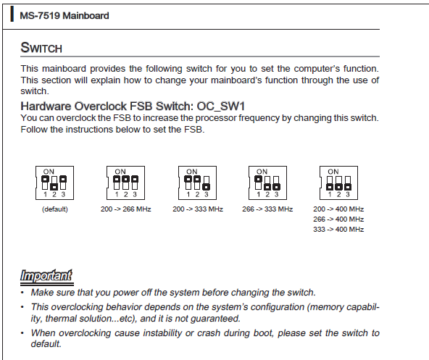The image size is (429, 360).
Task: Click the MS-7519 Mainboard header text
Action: [64, 16]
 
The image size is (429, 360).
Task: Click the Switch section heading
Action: [41, 48]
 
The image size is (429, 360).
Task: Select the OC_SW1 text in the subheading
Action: [221, 106]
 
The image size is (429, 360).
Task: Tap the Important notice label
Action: [46, 275]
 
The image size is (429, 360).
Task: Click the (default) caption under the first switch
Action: [55, 209]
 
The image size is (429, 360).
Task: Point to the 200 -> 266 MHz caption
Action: [126, 209]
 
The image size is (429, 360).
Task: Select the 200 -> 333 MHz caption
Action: [198, 209]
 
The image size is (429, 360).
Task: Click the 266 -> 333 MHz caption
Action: [267, 209]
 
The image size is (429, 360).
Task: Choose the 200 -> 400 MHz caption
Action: [338, 209]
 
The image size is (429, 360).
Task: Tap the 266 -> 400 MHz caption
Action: [338, 219]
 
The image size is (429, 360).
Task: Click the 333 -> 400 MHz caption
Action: [338, 229]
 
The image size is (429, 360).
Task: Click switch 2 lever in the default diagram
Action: [54, 187]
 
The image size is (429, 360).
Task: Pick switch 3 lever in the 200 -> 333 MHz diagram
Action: [207, 187]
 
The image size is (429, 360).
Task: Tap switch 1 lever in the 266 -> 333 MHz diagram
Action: [258, 180]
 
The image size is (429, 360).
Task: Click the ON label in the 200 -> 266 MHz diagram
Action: [120, 172]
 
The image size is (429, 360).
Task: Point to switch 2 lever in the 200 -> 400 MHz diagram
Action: [338, 187]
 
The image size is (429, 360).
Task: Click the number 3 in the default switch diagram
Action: [63, 195]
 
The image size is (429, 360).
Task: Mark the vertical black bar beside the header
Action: [12, 14]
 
